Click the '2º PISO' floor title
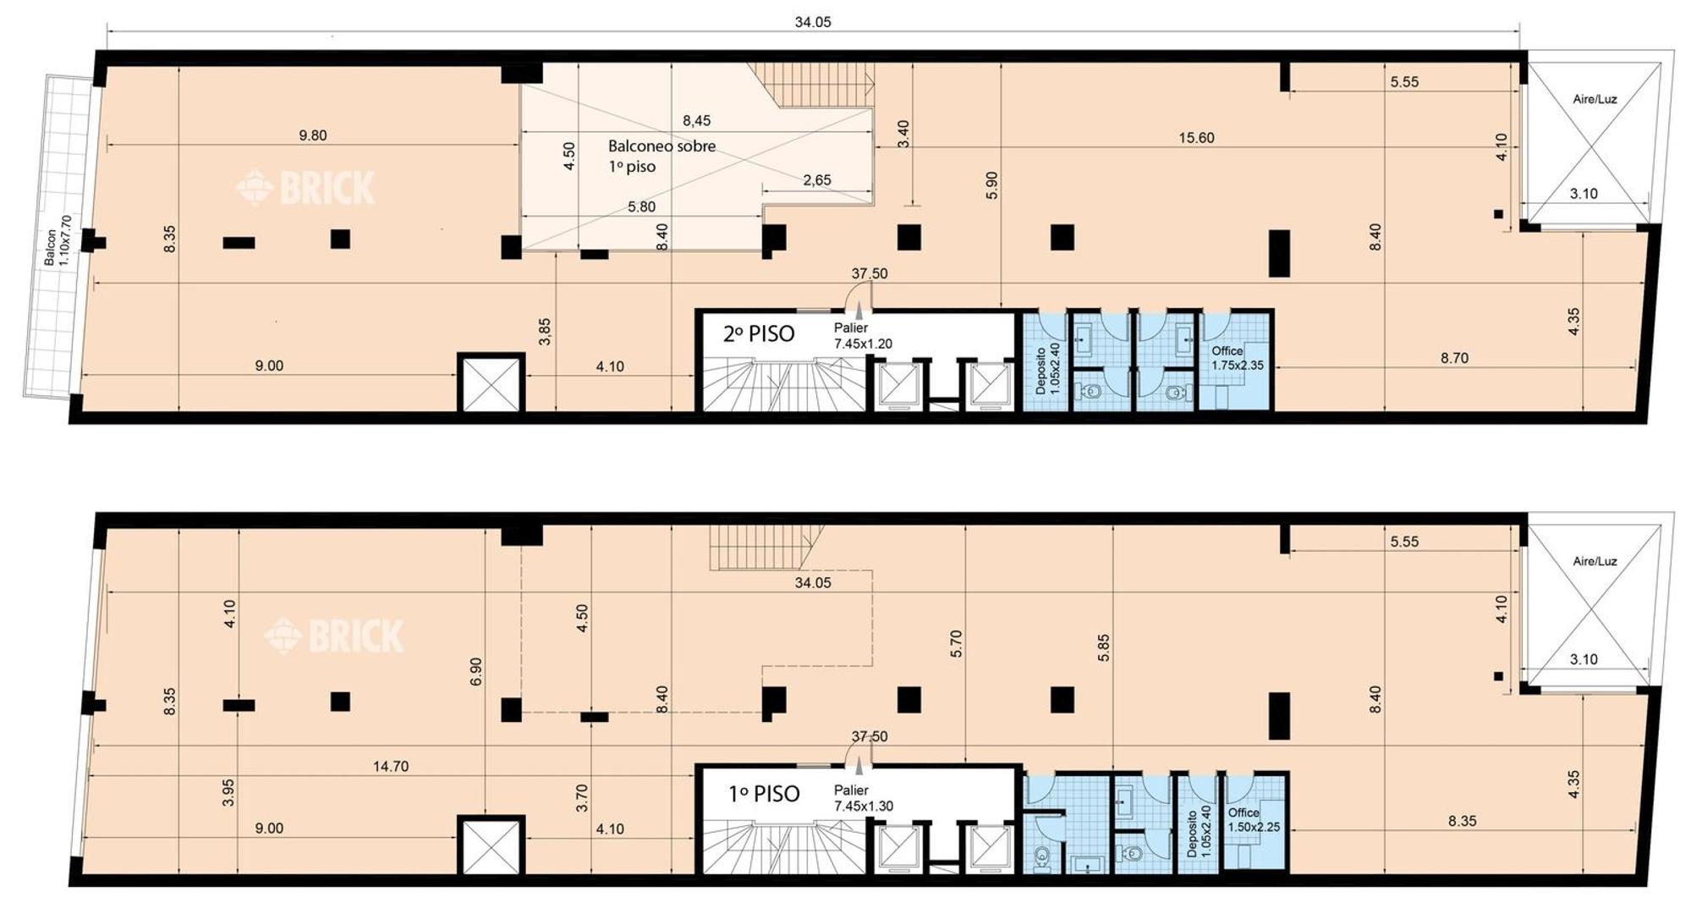(759, 333)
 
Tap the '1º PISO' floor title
(764, 794)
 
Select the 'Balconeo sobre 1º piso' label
(662, 157)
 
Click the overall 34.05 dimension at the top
(813, 22)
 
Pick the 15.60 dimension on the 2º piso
(1196, 138)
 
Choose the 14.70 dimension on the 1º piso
(391, 766)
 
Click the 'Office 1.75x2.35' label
(1237, 358)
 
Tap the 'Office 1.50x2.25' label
(1254, 819)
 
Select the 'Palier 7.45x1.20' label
(863, 335)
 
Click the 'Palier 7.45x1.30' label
(863, 797)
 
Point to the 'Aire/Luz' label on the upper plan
(1595, 99)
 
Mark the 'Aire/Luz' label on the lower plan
(1595, 561)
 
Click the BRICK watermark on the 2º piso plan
(305, 188)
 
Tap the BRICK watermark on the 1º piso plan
(334, 636)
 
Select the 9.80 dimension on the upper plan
(312, 135)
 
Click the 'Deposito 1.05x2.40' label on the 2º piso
(1047, 368)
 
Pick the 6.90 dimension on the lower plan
(475, 671)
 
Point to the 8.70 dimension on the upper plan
(1454, 358)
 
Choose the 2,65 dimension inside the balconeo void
(817, 179)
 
